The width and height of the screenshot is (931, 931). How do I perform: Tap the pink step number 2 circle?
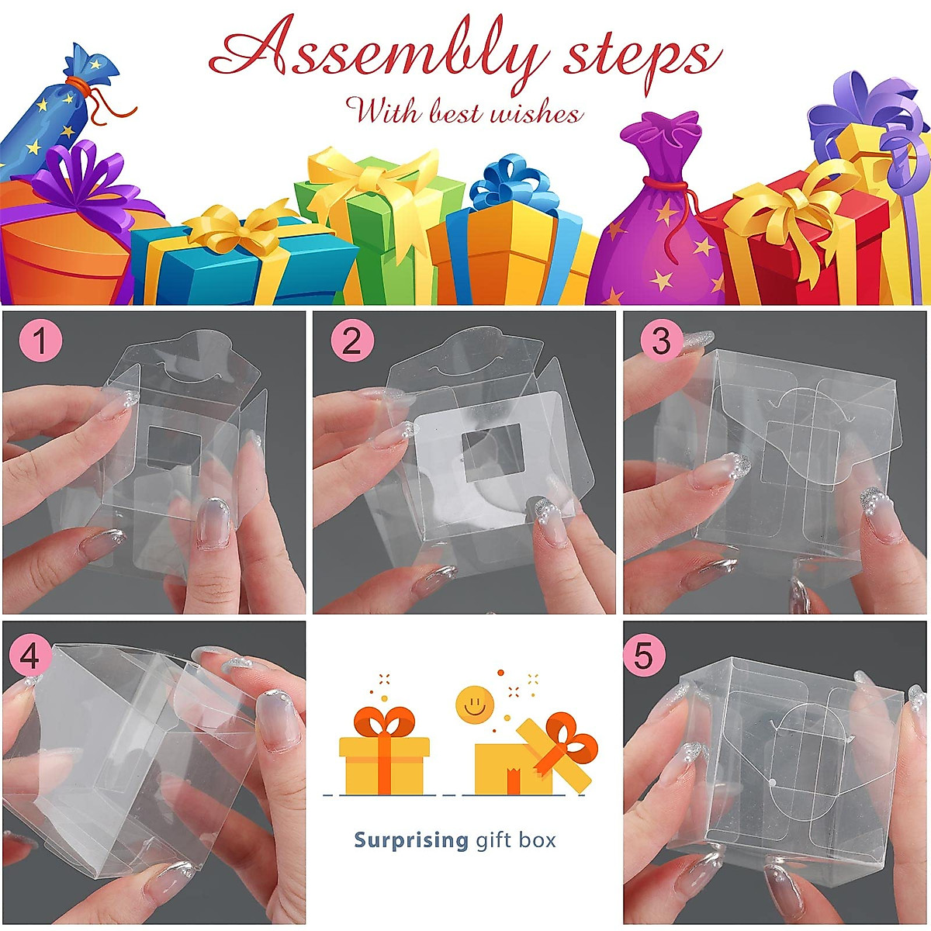pyautogui.click(x=351, y=342)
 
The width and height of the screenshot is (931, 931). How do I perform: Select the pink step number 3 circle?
pyautogui.click(x=660, y=342)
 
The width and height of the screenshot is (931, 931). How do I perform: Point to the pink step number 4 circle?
pyautogui.click(x=29, y=656)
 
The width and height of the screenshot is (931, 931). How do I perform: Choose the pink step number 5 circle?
pyautogui.click(x=644, y=656)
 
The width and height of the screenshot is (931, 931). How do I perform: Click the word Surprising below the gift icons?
pyautogui.click(x=410, y=840)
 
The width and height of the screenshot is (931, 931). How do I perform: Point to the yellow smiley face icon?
pyautogui.click(x=475, y=704)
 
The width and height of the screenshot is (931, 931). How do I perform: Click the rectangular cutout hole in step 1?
pyautogui.click(x=174, y=450)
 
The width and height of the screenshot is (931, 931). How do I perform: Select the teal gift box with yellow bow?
pyautogui.click(x=233, y=264)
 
